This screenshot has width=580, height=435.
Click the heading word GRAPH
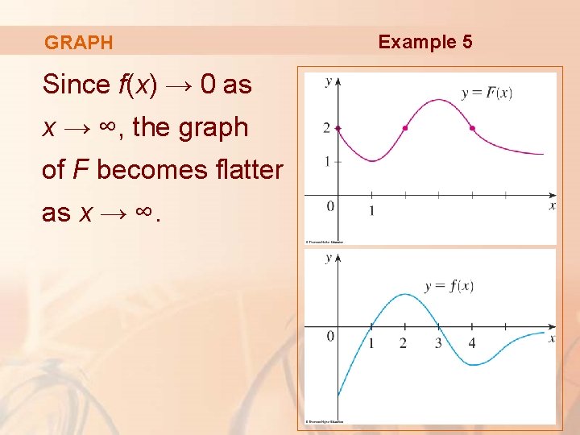(79, 43)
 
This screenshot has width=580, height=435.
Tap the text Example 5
(425, 42)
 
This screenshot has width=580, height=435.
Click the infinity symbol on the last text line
(141, 212)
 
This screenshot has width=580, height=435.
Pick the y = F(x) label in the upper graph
(487, 93)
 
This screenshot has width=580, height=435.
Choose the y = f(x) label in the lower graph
(449, 285)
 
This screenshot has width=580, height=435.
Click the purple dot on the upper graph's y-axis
(338, 128)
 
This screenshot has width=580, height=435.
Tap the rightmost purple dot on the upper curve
(472, 128)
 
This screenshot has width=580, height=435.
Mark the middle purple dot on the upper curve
(405, 128)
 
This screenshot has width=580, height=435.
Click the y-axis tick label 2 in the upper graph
(326, 128)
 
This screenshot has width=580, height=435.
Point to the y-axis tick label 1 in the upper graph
(326, 161)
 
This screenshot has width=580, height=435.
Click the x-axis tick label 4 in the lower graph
(471, 344)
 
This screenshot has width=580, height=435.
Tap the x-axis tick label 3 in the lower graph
(438, 344)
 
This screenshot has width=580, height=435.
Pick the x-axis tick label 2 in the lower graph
(404, 344)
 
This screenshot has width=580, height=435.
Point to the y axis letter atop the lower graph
(328, 258)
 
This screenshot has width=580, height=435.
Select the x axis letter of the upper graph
(552, 206)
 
